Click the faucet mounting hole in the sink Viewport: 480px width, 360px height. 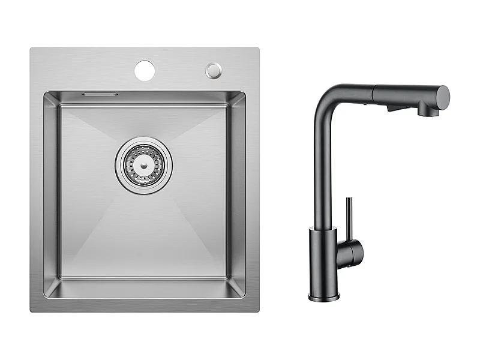pos(145,70)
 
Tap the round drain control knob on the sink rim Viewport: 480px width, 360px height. pos(213,70)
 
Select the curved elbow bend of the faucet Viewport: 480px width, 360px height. pos(325,96)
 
